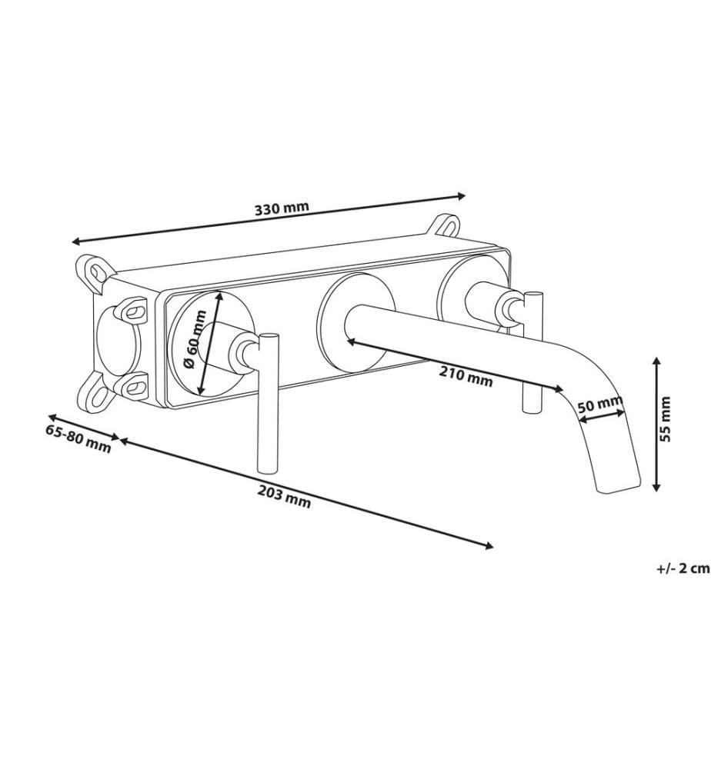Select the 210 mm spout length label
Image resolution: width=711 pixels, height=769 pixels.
pos(466,376)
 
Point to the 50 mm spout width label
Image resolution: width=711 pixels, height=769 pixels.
pos(599,404)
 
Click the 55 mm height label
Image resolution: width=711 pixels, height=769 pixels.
pos(665,419)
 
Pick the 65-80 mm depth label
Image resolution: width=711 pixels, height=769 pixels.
pos(78,438)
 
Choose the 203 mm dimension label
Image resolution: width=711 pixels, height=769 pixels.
pos(284,498)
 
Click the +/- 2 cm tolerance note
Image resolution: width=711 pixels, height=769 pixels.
pos(683,568)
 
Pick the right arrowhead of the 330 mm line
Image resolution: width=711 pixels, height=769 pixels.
pos(461,196)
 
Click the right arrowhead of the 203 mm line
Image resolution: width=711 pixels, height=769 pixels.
pos(489,546)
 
